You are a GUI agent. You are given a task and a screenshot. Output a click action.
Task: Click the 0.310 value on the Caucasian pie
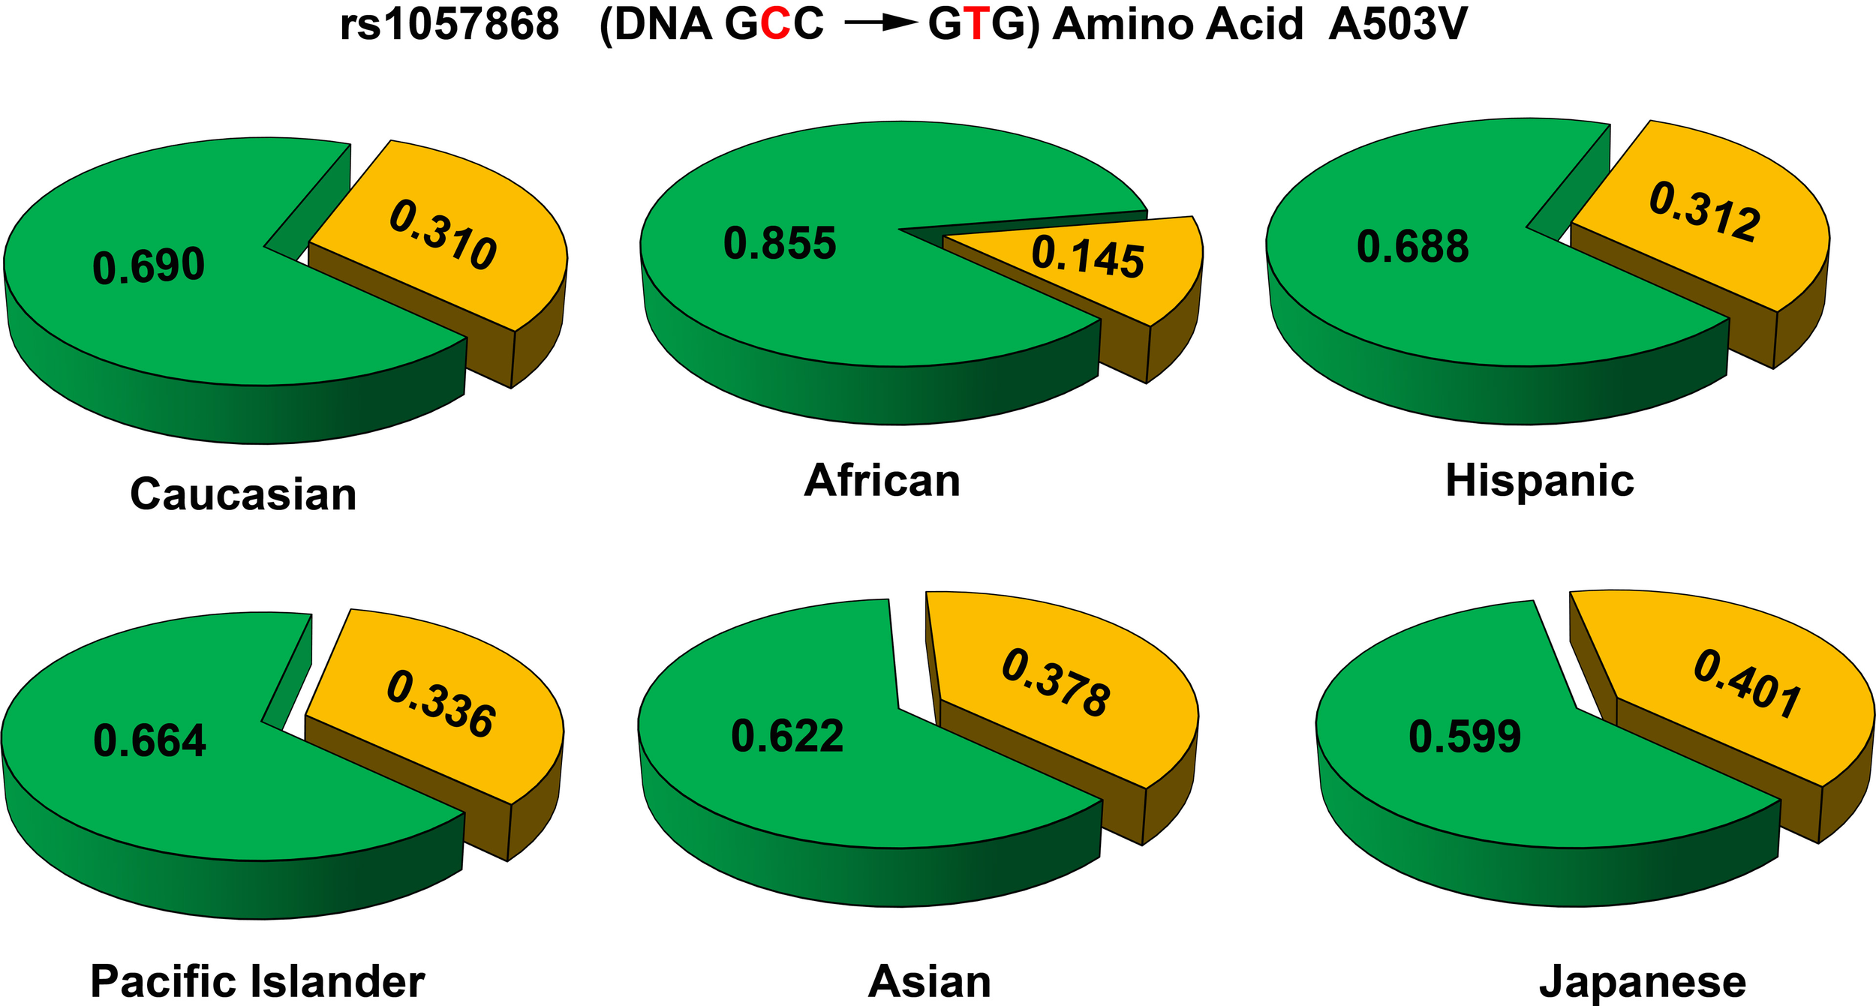tap(443, 235)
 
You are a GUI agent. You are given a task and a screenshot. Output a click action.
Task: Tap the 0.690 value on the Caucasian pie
tap(149, 266)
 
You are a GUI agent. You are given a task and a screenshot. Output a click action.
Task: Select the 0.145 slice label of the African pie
tap(1087, 257)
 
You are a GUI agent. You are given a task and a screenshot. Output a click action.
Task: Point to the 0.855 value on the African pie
tap(780, 243)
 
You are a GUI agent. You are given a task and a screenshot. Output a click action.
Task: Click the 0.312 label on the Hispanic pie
tap(1704, 212)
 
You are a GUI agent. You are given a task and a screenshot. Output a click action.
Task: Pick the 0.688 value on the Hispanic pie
tap(1412, 247)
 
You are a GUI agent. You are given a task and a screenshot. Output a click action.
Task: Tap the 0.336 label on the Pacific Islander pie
tap(440, 704)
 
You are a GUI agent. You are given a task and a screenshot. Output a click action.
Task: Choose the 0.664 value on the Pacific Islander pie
tap(149, 740)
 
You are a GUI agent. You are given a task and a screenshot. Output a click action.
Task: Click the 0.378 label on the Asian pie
tap(1056, 683)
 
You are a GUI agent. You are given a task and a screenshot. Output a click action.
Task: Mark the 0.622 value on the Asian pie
tap(787, 735)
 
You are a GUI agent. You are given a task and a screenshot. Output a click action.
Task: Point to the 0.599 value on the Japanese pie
tap(1465, 736)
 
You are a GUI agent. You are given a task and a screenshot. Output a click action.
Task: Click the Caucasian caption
tap(243, 494)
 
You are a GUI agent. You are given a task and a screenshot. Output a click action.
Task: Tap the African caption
tap(882, 480)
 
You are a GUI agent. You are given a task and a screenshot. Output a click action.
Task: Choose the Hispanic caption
tap(1540, 480)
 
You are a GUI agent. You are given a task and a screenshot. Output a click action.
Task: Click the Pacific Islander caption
tap(257, 981)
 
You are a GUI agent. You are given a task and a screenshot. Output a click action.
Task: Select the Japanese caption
tap(1643, 982)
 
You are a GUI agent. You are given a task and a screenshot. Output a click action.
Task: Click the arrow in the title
tap(881, 24)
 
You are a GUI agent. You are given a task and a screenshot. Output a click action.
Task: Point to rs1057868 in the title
tap(449, 25)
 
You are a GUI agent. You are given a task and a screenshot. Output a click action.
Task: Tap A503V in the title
tap(1397, 25)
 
